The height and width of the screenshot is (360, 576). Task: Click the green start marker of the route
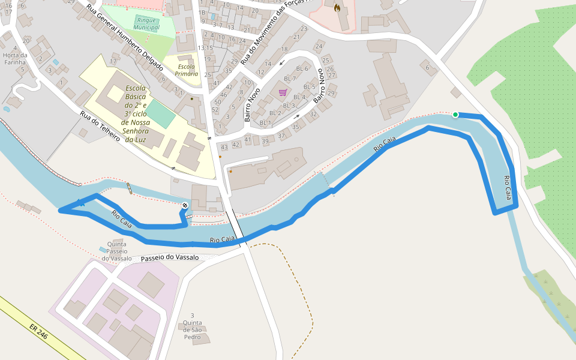pyautogui.click(x=455, y=115)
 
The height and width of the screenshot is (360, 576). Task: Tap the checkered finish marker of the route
pyautogui.click(x=185, y=206)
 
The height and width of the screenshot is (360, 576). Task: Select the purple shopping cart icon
pyautogui.click(x=283, y=92)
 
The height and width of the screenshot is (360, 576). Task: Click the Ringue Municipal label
pyautogui.click(x=147, y=23)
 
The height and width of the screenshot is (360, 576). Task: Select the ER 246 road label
pyautogui.click(x=38, y=332)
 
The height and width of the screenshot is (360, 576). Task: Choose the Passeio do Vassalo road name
pyautogui.click(x=170, y=257)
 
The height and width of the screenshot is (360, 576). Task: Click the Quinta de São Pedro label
pyautogui.click(x=192, y=329)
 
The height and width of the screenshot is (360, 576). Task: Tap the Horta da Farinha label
pyautogui.click(x=14, y=58)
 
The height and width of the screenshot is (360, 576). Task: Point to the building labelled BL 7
pyautogui.click(x=290, y=79)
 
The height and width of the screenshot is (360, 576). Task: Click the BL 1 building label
pyautogui.click(x=265, y=122)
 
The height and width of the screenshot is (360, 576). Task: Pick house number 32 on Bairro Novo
pyautogui.click(x=313, y=114)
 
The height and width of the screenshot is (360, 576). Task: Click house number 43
pyautogui.click(x=224, y=147)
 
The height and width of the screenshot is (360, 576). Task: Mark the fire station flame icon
pyautogui.click(x=337, y=8)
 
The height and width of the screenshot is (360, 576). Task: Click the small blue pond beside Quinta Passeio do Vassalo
pyautogui.click(x=103, y=249)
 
